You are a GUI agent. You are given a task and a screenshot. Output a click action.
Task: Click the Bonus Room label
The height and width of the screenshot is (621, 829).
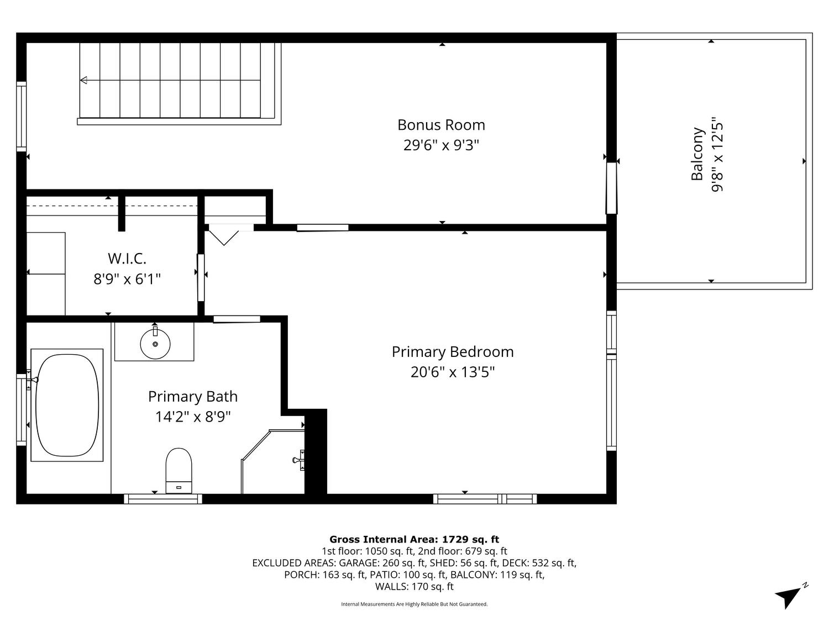click(440, 125)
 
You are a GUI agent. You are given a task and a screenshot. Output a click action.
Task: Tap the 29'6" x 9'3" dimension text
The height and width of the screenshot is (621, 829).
click(440, 145)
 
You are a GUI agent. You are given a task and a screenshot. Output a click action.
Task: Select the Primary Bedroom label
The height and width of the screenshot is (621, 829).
click(453, 352)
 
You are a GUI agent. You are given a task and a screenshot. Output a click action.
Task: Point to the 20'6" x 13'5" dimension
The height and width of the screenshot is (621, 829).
click(453, 372)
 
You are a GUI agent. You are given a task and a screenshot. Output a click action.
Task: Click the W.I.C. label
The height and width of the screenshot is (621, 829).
click(127, 259)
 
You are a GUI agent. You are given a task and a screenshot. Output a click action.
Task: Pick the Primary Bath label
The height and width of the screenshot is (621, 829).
click(193, 397)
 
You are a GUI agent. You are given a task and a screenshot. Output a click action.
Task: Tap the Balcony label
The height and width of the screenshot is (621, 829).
click(697, 154)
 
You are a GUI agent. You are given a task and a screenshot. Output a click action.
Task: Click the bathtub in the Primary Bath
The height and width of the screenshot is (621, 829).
click(67, 404)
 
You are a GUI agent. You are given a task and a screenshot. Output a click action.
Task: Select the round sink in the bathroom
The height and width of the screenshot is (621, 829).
click(155, 344)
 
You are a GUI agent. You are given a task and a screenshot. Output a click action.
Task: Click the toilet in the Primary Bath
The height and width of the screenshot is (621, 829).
click(179, 470)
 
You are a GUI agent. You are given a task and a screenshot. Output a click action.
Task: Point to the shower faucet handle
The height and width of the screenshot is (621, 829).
click(298, 460)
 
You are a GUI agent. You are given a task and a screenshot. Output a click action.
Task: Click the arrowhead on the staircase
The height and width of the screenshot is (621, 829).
click(83, 80)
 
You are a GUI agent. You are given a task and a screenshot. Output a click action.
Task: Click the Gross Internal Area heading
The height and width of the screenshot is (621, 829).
click(414, 539)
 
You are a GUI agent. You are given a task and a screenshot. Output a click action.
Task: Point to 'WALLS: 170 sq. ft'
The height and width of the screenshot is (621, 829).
click(414, 586)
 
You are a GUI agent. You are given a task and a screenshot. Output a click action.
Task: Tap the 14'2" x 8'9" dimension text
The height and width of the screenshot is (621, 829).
click(193, 417)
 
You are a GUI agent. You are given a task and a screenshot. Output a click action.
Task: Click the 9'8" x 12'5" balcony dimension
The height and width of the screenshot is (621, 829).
click(717, 157)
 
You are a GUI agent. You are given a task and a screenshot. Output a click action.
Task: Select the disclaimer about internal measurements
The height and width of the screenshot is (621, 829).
click(414, 604)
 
